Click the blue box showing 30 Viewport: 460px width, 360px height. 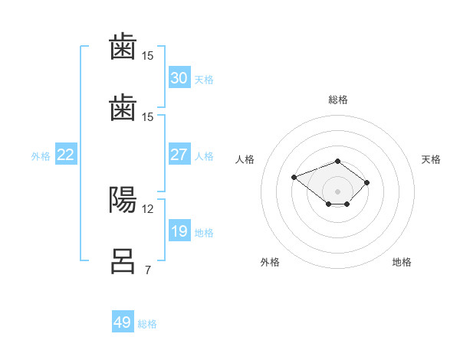[x=179, y=77]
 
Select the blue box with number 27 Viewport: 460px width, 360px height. [x=179, y=154]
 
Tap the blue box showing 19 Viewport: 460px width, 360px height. [x=179, y=230]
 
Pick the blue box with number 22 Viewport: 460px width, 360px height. [x=66, y=154]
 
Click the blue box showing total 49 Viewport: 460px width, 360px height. [x=123, y=321]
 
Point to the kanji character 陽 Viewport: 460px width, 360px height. [x=123, y=200]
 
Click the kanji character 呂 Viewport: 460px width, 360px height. [x=123, y=261]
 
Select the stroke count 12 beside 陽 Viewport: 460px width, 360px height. [x=147, y=209]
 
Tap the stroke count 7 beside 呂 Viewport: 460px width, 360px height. [x=148, y=270]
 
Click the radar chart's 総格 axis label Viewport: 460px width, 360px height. [x=338, y=100]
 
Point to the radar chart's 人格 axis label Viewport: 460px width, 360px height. [x=245, y=159]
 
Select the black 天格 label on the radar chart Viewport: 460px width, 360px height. [x=431, y=159]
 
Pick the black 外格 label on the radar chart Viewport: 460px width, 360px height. [x=270, y=262]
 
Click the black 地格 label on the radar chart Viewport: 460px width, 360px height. [x=402, y=262]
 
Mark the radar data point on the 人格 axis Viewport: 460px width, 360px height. [x=294, y=177]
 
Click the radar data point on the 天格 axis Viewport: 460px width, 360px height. [x=366, y=182]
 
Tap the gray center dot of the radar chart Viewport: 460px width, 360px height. [x=337, y=191]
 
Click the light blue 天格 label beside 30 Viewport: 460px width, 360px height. [x=204, y=80]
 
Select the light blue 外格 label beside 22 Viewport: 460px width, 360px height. [x=41, y=156]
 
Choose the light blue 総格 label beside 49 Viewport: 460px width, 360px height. [x=147, y=324]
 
